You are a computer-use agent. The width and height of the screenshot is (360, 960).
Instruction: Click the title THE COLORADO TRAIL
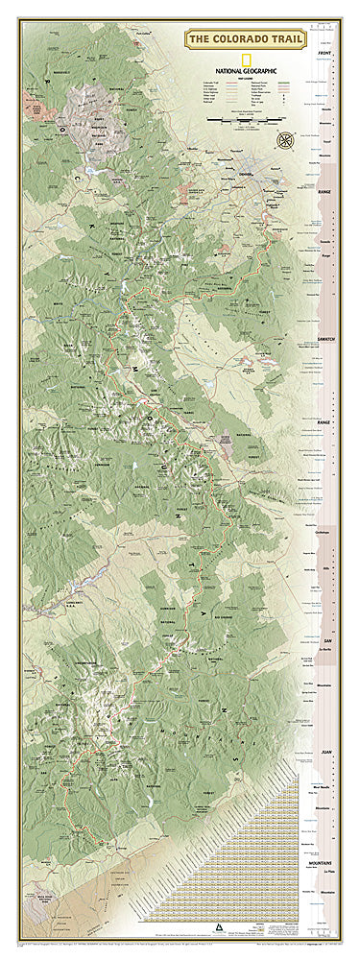[244, 37]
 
